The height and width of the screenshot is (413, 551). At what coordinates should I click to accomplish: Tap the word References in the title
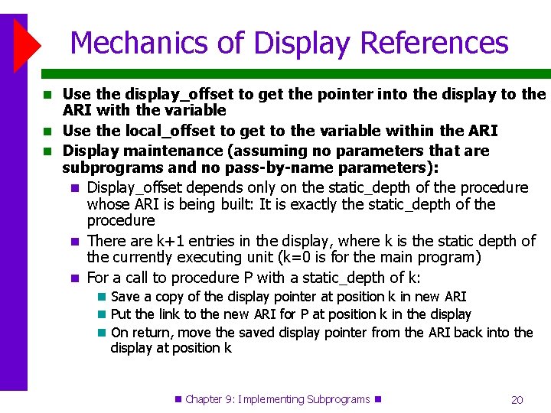[x=435, y=43]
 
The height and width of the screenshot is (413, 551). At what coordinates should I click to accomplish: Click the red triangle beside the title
[x=27, y=44]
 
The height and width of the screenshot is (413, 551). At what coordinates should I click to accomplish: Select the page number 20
[x=517, y=400]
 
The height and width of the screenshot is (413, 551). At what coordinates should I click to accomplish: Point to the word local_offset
[x=163, y=131]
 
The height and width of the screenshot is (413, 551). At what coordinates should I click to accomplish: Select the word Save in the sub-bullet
[x=125, y=297]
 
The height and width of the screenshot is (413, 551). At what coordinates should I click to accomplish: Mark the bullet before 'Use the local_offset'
[x=48, y=132]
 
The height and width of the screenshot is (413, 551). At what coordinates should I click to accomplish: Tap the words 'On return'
[x=140, y=333]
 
